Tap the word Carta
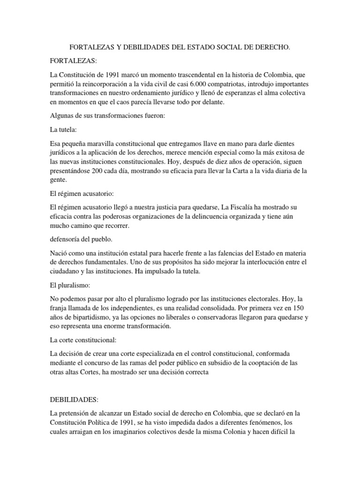[x=241, y=171]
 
